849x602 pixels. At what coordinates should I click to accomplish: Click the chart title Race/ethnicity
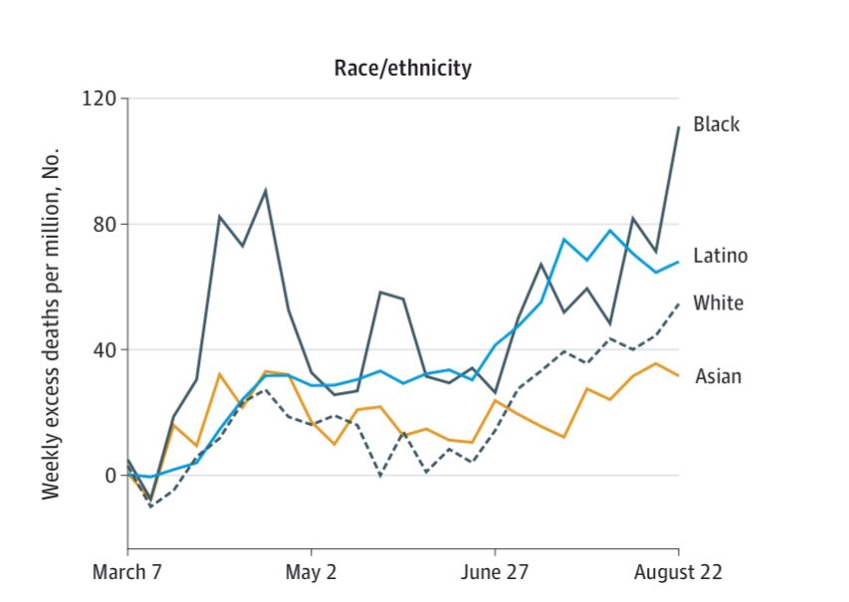click(402, 69)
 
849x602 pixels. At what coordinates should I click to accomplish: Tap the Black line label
click(717, 125)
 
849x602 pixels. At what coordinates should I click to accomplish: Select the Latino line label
click(721, 256)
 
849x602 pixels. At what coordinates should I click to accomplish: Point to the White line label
click(719, 302)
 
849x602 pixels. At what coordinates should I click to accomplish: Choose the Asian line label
click(718, 376)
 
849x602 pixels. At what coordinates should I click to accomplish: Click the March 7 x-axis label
click(127, 573)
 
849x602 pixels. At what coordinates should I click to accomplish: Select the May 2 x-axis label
click(312, 573)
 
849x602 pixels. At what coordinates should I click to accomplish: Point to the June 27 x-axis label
click(495, 573)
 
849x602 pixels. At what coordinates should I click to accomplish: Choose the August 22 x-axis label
click(678, 573)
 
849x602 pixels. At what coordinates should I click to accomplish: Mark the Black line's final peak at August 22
click(678, 127)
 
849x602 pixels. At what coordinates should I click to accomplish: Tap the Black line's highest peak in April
click(265, 190)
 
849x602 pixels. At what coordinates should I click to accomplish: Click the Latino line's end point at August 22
click(678, 262)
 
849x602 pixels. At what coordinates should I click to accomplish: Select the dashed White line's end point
click(678, 303)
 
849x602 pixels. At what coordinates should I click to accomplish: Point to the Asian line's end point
click(678, 375)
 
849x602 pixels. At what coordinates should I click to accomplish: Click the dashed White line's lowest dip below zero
click(150, 506)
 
